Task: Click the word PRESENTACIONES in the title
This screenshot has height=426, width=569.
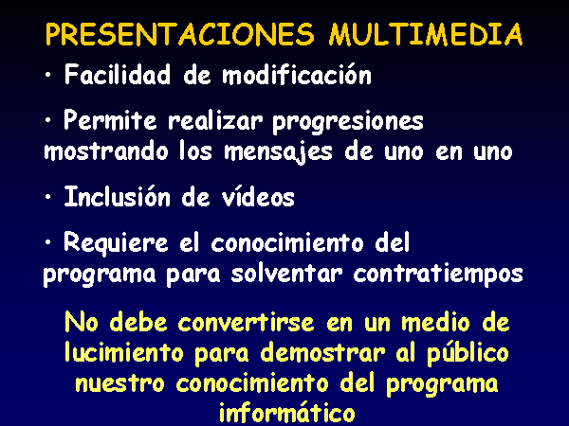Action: [x=179, y=34]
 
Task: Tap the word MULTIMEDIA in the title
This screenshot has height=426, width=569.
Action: [x=426, y=34]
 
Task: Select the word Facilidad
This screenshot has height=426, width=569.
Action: [x=118, y=75]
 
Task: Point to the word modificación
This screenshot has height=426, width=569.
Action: [x=297, y=75]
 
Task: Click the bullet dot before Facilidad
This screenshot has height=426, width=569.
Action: [x=48, y=75]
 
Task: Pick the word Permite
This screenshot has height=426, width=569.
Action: [x=110, y=120]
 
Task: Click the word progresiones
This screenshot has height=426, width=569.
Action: [x=348, y=122]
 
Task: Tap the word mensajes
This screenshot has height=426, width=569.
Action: [x=278, y=152]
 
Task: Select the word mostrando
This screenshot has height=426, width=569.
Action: [x=106, y=151]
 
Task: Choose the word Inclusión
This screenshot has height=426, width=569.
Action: [x=118, y=197]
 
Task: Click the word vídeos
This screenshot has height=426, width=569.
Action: [x=258, y=197]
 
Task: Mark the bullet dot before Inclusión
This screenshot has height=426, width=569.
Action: [x=48, y=197]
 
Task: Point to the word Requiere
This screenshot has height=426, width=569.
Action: [x=116, y=243]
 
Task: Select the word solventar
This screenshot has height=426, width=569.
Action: [x=287, y=274]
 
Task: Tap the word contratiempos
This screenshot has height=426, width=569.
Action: [x=438, y=275]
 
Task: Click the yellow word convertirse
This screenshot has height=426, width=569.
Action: [x=246, y=322]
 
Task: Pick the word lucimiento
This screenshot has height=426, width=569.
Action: [x=124, y=352]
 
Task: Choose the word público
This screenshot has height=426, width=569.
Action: [x=468, y=353]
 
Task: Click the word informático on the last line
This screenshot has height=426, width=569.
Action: [x=286, y=412]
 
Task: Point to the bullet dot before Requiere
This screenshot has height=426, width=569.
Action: [x=48, y=242]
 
